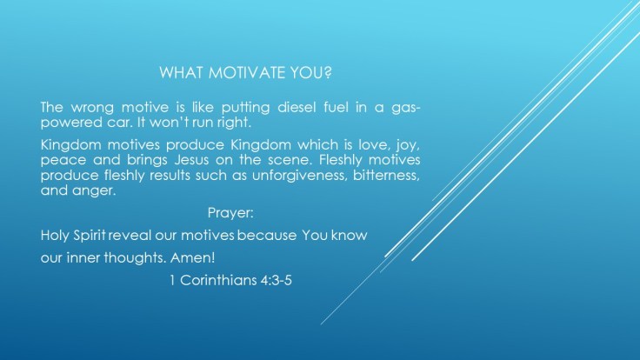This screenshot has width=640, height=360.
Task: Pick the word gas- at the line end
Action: pyautogui.click(x=404, y=107)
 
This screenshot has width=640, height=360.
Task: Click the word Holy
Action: pyautogui.click(x=55, y=236)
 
